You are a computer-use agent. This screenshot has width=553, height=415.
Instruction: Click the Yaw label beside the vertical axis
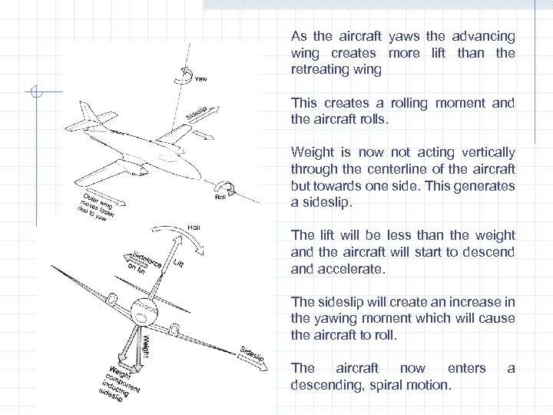pyautogui.click(x=200, y=78)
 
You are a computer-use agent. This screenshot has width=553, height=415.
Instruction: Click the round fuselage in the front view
pyautogui.click(x=143, y=311)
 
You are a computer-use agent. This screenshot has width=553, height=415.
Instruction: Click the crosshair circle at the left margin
pyautogui.click(x=35, y=93)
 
